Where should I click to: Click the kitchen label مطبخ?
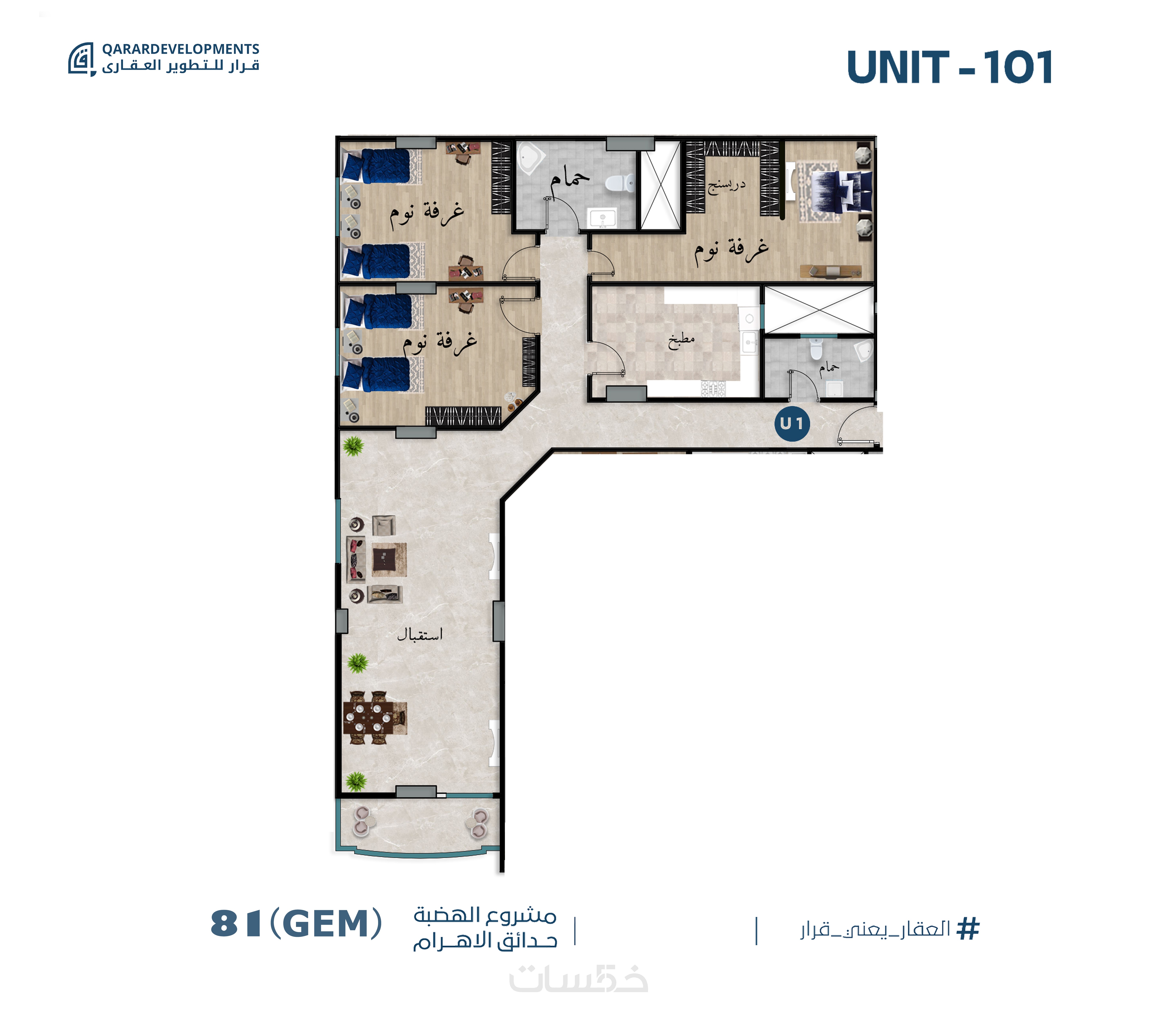[681, 340]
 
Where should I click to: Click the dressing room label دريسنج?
[727, 185]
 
